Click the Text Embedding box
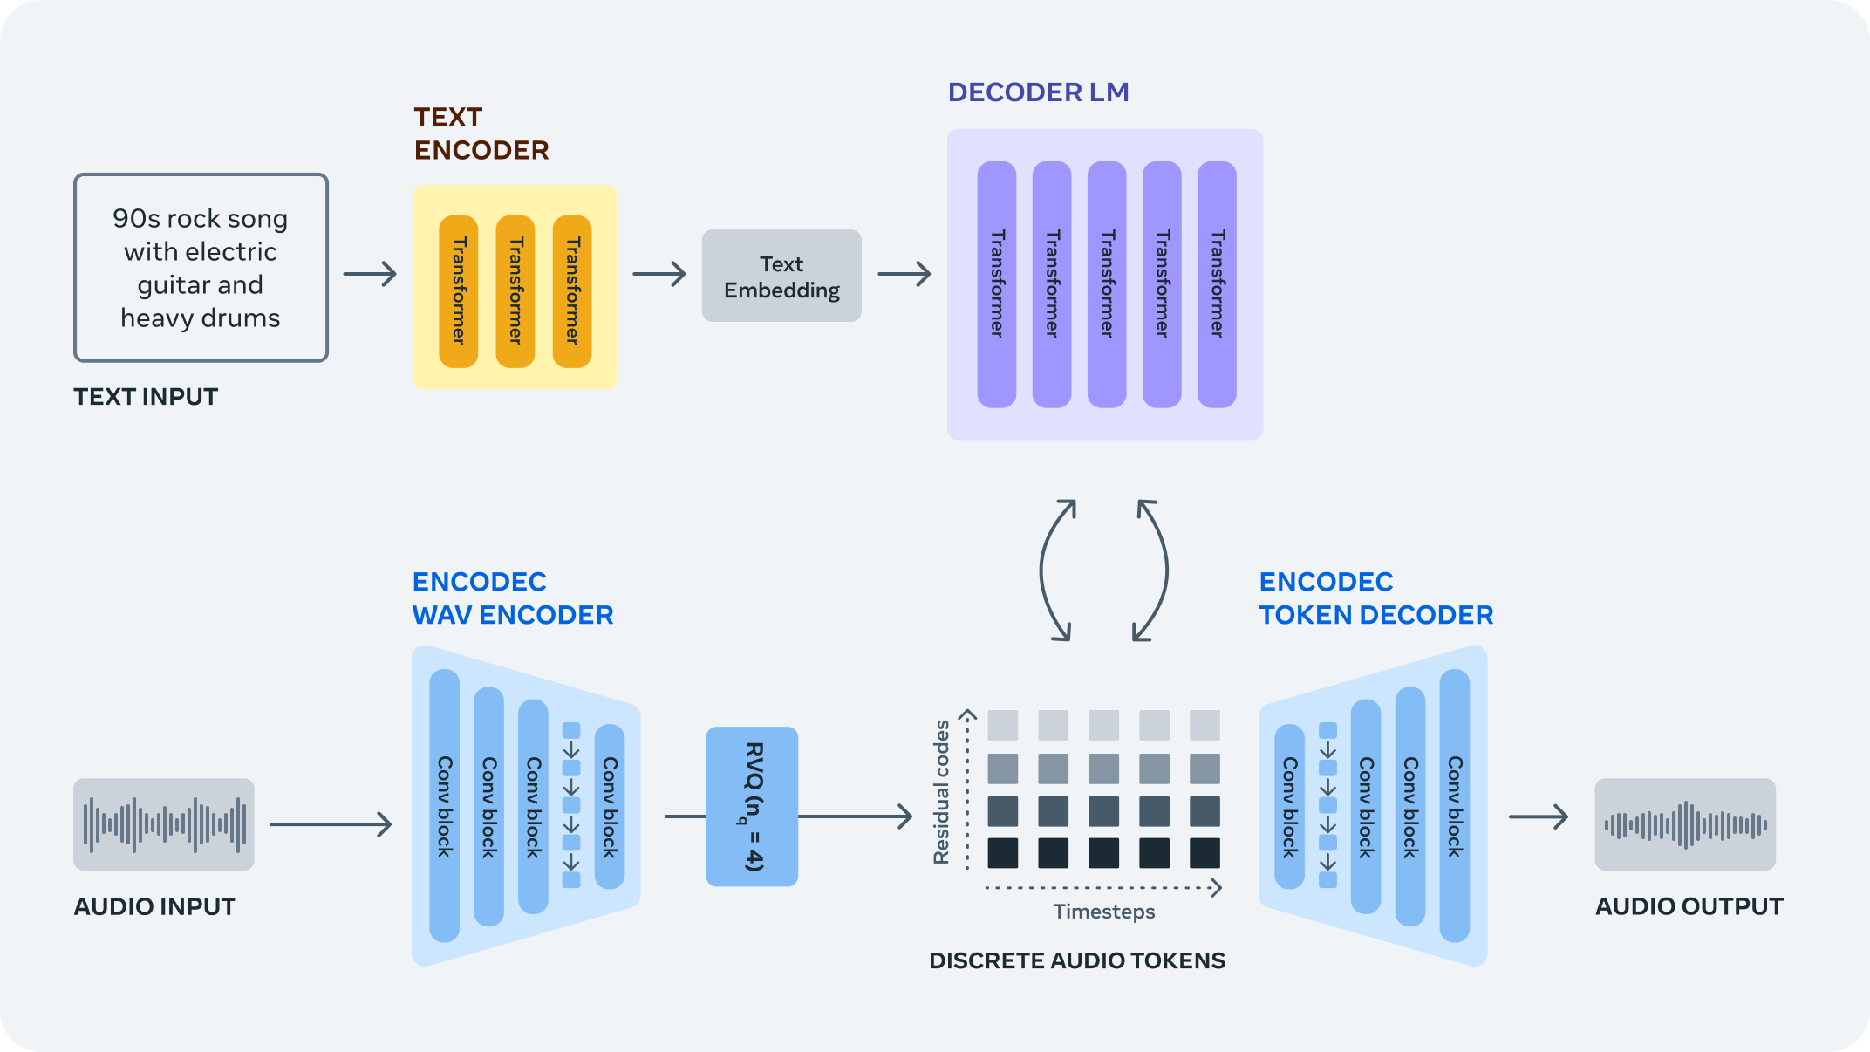click(781, 276)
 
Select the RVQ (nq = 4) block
click(752, 806)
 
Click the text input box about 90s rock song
click(201, 268)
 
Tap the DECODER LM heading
click(1038, 92)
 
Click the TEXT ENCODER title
click(481, 133)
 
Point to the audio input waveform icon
click(164, 823)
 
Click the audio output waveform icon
click(1684, 823)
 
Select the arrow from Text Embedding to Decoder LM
click(904, 274)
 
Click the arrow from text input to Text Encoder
click(370, 274)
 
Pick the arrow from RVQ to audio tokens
click(855, 816)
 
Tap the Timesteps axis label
click(1103, 912)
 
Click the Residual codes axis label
click(941, 792)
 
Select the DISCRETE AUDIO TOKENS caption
click(1077, 960)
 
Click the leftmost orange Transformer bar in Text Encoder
click(459, 290)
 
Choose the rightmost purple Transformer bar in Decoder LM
click(1217, 283)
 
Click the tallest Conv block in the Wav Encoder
click(445, 805)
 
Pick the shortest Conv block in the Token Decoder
click(1289, 806)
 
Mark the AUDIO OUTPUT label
click(1689, 906)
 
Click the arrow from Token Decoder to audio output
click(1539, 816)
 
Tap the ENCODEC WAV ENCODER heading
click(512, 598)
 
